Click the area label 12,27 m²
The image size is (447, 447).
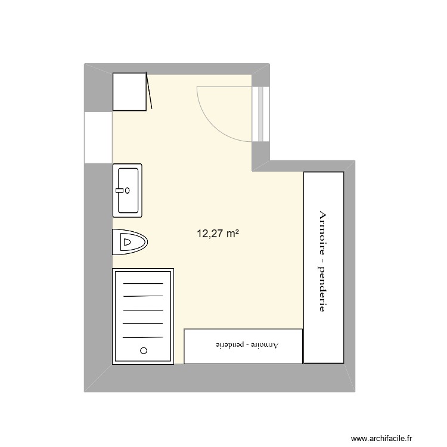coord(218,234)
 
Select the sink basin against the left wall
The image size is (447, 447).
coord(128,190)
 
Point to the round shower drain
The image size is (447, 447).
coord(143,350)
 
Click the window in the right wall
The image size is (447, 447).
coord(260,113)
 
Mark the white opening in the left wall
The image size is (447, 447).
coord(98,136)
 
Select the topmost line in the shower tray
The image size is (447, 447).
coord(143,284)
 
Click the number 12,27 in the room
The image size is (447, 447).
coord(210,234)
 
